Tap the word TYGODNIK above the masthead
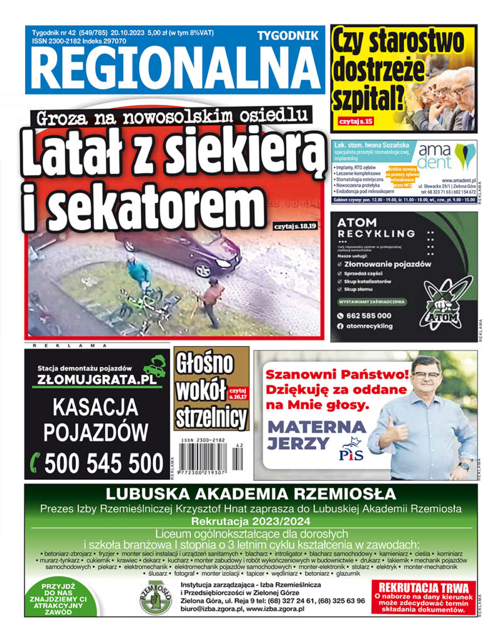click(x=287, y=36)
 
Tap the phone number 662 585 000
click(x=373, y=316)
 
